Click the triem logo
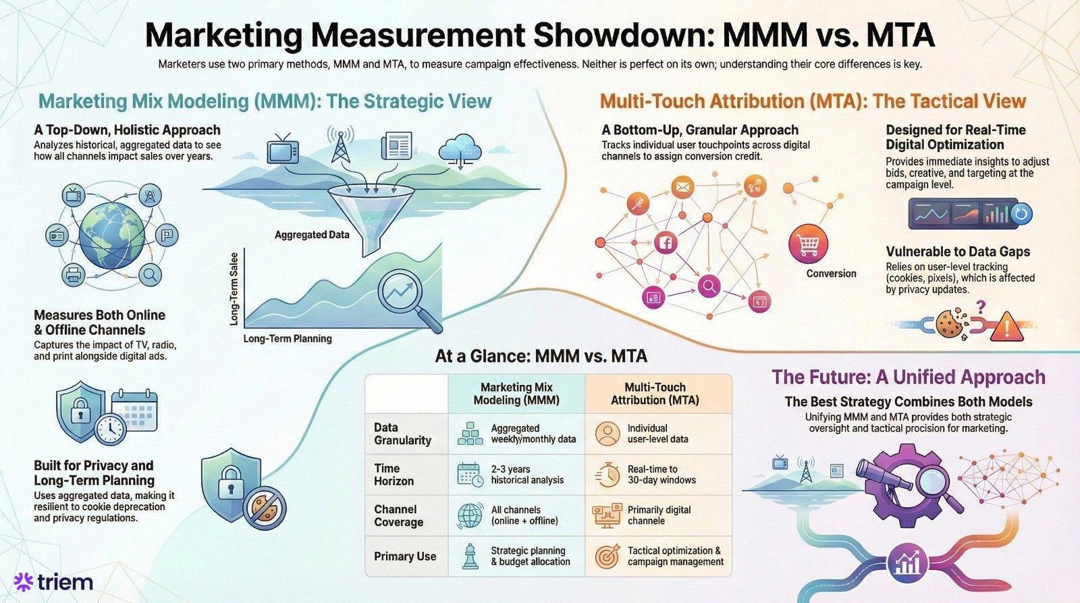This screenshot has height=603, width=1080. [54, 581]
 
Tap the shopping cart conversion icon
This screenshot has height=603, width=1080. [808, 244]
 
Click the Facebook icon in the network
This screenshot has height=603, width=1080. [665, 243]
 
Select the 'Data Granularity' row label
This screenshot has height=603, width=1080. [403, 434]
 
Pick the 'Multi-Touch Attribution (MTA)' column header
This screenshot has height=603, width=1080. [655, 394]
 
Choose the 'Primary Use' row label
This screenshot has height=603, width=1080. [405, 556]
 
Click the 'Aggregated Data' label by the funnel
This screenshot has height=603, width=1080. [312, 235]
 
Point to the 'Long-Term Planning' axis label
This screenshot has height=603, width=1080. [288, 338]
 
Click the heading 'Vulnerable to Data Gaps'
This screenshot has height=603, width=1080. [958, 252]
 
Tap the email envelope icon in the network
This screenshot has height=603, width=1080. [682, 186]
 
